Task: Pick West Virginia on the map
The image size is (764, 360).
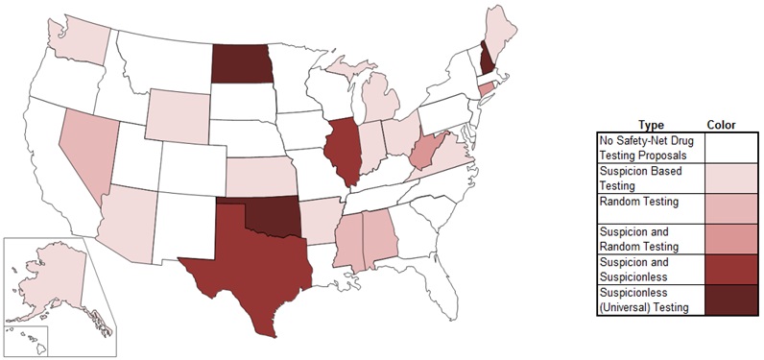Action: click(423, 153)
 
